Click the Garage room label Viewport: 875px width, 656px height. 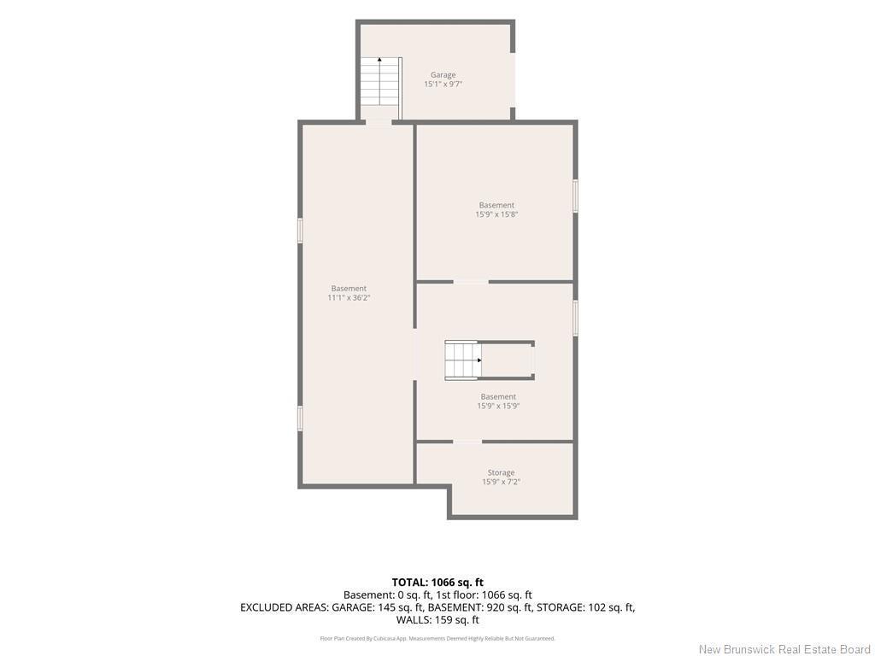pos(443,75)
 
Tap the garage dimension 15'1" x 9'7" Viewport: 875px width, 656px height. pos(443,85)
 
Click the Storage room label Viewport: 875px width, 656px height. pos(501,472)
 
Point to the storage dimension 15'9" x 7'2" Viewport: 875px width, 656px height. pos(501,482)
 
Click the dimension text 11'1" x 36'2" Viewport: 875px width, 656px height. pos(349,298)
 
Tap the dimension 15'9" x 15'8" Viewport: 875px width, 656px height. pos(496,214)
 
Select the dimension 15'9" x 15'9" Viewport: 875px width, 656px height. pos(498,406)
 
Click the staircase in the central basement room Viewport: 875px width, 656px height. pos(462,360)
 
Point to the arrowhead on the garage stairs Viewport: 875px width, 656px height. pos(379,59)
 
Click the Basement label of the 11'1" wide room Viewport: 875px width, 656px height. pos(349,289)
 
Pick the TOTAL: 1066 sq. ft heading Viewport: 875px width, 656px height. pos(437,583)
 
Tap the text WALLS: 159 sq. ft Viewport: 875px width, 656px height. pos(437,620)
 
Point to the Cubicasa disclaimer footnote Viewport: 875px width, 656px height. pos(437,638)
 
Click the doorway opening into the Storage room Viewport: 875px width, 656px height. pos(467,442)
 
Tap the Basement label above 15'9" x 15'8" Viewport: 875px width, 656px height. pos(496,205)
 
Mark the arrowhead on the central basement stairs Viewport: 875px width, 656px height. pos(479,360)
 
